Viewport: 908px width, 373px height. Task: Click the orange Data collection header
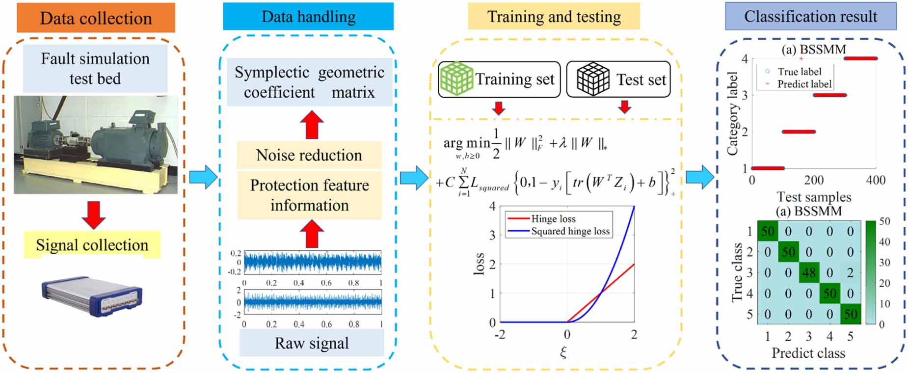[96, 18]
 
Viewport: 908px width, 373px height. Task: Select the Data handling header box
[308, 17]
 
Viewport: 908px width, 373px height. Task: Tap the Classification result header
[810, 17]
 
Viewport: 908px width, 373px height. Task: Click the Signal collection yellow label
[92, 245]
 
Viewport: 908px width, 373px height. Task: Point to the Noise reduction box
[309, 155]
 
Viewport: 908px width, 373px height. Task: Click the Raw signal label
[311, 343]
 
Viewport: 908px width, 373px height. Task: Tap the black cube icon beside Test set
[592, 79]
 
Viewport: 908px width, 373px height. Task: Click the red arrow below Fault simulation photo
[93, 214]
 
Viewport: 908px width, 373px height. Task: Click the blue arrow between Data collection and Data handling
[203, 177]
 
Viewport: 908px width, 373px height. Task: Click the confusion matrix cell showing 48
[808, 273]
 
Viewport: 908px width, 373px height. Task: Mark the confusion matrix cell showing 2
[850, 273]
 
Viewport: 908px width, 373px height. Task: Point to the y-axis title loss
[479, 264]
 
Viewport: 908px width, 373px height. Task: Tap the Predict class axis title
[808, 353]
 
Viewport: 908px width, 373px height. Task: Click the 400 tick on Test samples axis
[875, 180]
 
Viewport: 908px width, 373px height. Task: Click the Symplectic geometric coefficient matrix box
[309, 82]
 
